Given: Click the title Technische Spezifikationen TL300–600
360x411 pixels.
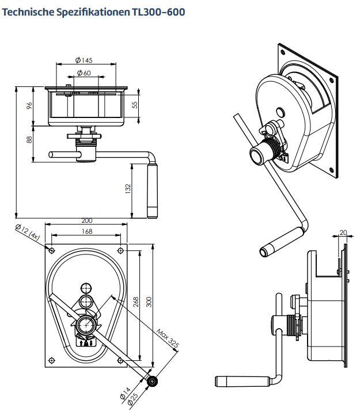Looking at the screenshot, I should click(94, 12).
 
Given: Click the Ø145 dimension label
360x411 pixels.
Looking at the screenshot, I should click(84, 60).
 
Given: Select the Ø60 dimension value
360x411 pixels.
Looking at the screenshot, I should click(84, 73).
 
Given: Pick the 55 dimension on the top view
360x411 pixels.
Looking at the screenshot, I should click(135, 105).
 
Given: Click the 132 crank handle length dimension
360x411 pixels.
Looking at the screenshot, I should click(128, 188).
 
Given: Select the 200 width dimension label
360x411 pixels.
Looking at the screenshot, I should click(87, 221).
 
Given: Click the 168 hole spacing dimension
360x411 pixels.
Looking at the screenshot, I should click(87, 231).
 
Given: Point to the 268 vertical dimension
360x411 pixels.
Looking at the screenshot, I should click(137, 301).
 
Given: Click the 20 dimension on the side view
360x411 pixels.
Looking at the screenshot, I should click(343, 233).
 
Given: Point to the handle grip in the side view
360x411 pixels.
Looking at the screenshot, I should click(242, 380).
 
